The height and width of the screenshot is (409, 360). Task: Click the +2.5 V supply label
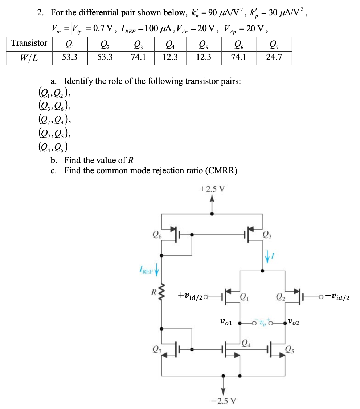coord(212,189)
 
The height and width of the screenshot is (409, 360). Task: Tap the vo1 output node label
coord(227,321)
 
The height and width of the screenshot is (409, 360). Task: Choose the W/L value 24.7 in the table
coord(274,57)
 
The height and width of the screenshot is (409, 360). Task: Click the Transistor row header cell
coord(29,43)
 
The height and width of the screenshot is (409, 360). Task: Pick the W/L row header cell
coord(29,57)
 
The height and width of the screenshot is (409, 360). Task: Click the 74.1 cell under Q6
coord(238,57)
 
